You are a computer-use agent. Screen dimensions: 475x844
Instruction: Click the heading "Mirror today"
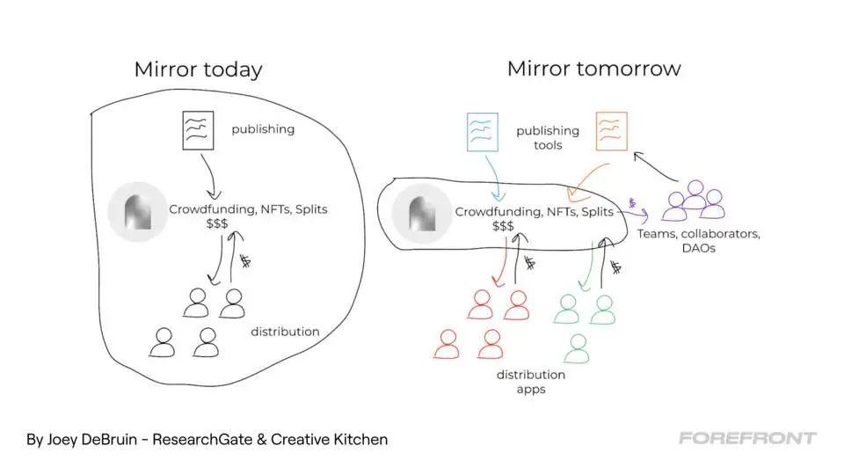coord(198,69)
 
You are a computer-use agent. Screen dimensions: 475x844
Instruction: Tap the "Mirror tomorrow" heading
coord(593,68)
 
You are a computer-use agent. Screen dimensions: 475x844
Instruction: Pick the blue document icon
coord(483,131)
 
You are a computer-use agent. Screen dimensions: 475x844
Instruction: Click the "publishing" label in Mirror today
coord(263,130)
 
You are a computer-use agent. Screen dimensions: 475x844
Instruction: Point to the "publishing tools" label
coord(548,137)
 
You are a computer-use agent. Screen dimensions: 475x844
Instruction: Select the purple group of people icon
coord(694,202)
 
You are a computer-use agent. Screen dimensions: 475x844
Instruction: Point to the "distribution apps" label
coord(530,382)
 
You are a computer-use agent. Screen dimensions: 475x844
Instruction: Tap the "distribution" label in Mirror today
coord(285,332)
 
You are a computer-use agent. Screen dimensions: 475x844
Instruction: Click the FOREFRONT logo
coord(747,438)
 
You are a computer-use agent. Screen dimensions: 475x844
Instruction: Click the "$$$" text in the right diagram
coord(504,227)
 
